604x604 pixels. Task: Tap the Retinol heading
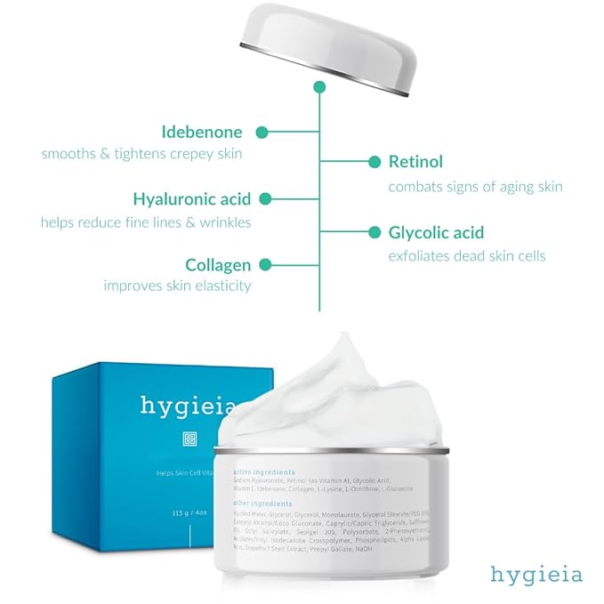pyautogui.click(x=415, y=162)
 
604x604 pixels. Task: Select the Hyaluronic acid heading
pyautogui.click(x=191, y=198)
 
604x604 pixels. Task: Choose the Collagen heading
pyautogui.click(x=218, y=264)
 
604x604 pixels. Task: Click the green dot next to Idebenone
pyautogui.click(x=262, y=133)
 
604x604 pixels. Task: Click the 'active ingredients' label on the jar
pyautogui.click(x=265, y=471)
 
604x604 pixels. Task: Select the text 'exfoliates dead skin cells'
pyautogui.click(x=467, y=256)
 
